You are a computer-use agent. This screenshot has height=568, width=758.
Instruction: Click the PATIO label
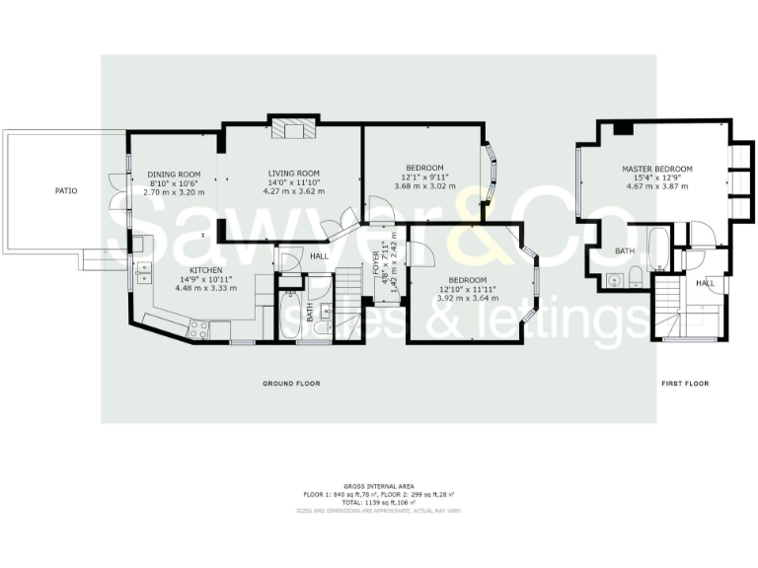tap(66, 190)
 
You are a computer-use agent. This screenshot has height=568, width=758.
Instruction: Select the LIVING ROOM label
tap(294, 174)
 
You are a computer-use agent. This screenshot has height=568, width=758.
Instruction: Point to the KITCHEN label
tap(205, 269)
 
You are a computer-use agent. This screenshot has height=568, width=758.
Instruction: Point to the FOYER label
tap(376, 263)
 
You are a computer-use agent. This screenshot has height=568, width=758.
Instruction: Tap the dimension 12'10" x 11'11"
tap(469, 289)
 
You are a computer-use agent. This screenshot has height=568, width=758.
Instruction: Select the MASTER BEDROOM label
tap(656, 169)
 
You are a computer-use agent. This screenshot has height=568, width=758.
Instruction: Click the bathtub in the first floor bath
tap(657, 244)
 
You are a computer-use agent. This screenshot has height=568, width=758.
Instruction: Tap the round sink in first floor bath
tap(614, 279)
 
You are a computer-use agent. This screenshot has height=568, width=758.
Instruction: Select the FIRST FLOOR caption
tap(685, 383)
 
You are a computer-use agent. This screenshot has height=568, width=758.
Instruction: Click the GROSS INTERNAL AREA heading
tap(379, 486)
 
